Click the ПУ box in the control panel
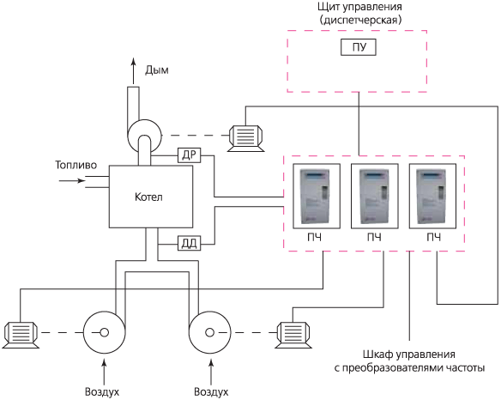tap(359, 47)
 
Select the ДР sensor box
tap(189, 155)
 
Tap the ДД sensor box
tap(189, 244)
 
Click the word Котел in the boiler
tap(148, 197)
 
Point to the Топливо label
tap(76, 165)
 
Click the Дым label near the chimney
tap(156, 70)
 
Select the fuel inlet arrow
tap(72, 180)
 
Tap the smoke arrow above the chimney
tap(134, 71)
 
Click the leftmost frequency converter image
tap(317, 196)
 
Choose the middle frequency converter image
tap(375, 196)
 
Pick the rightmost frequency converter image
tap(432, 196)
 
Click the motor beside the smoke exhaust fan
tap(245, 138)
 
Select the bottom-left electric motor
tap(21, 335)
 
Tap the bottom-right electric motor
tap(293, 335)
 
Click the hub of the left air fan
tap(104, 332)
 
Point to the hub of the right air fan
tap(209, 332)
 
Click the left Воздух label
tap(102, 391)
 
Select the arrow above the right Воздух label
tap(211, 372)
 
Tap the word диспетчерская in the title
tap(360, 20)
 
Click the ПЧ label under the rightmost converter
tap(433, 237)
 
